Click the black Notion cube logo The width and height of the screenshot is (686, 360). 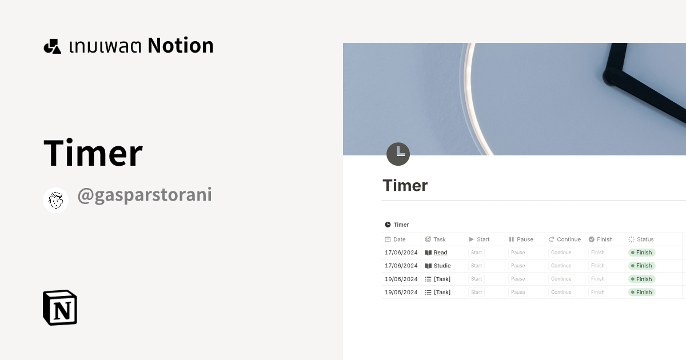pyautogui.click(x=60, y=307)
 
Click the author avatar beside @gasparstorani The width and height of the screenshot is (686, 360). pyautogui.click(x=56, y=200)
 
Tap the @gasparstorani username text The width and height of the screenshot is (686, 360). pyautogui.click(x=145, y=195)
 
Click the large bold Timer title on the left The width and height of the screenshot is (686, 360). pyautogui.click(x=93, y=153)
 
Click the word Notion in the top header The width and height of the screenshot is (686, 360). pyautogui.click(x=181, y=46)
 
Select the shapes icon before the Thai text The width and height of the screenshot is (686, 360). pyautogui.click(x=53, y=46)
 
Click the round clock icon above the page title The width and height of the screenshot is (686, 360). pyautogui.click(x=398, y=154)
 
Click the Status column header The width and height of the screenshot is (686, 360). pyautogui.click(x=645, y=239)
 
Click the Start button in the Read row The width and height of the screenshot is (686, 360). pyautogui.click(x=477, y=253)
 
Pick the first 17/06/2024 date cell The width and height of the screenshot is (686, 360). pyautogui.click(x=401, y=253)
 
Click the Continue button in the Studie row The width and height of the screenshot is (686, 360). pyautogui.click(x=561, y=266)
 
